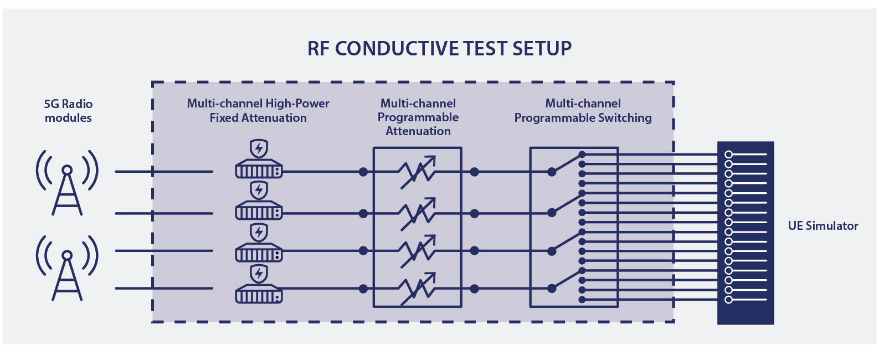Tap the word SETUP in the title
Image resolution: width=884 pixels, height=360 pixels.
[542, 49]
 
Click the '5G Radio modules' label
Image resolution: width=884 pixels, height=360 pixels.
[68, 111]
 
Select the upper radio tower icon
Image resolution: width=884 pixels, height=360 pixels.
[67, 182]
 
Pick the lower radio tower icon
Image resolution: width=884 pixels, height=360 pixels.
[67, 268]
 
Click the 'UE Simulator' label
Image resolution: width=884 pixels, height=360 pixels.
[823, 226]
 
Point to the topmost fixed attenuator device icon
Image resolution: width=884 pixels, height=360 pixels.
[259, 169]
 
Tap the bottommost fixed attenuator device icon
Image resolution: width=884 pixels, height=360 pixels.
[259, 294]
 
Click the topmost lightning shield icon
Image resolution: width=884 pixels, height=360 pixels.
[259, 148]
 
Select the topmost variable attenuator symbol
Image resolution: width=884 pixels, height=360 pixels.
[418, 172]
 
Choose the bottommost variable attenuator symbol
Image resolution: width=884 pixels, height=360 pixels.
[418, 289]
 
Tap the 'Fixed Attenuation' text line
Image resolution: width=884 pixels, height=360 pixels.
[258, 117]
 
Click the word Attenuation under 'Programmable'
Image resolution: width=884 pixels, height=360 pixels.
[418, 131]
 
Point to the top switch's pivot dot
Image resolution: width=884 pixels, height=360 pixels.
[552, 172]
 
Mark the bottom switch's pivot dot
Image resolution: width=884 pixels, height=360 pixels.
[552, 289]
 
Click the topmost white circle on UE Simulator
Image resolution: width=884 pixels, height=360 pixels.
[728, 155]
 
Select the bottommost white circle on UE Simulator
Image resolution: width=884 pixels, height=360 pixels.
[728, 300]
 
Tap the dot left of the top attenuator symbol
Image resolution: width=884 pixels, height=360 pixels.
[363, 172]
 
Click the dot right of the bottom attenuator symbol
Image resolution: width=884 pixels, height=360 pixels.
[474, 289]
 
